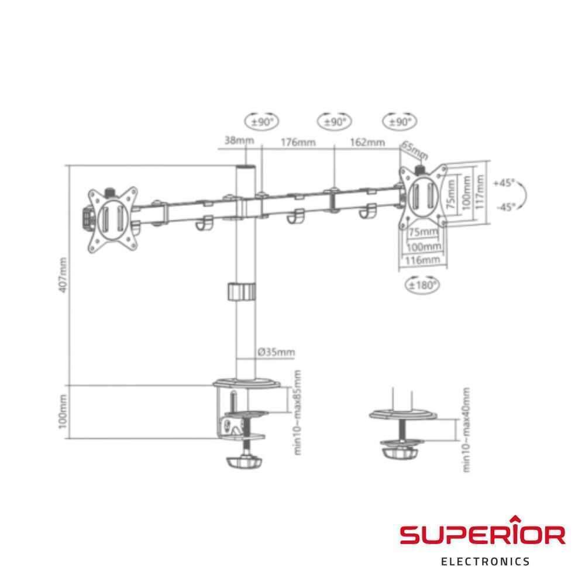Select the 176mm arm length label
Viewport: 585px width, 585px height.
pos(298,142)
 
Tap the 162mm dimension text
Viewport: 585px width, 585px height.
pos(367,142)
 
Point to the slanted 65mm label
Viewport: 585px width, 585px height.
pos(415,150)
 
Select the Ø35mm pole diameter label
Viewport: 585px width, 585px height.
pos(276,352)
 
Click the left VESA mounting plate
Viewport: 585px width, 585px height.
pos(112,220)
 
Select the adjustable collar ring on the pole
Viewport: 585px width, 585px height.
pos(242,292)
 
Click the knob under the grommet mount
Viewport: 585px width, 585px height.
pos(400,452)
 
